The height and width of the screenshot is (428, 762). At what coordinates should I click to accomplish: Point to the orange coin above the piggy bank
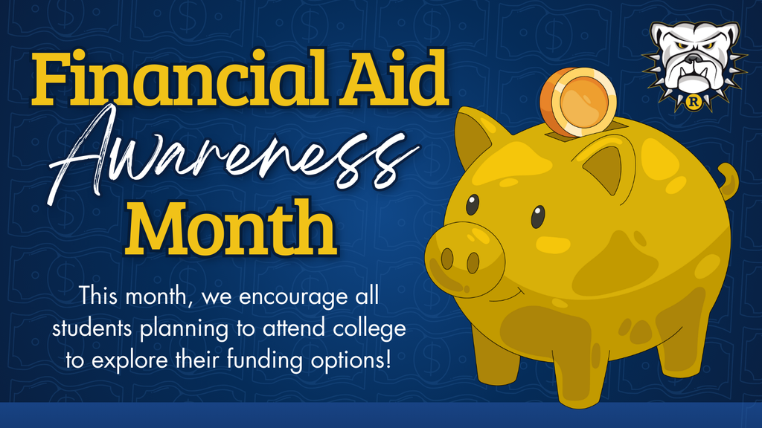(x=578, y=102)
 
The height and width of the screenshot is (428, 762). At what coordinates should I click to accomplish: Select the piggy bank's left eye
(x=473, y=204)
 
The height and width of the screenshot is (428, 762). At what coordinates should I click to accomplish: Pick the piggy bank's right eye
(x=537, y=216)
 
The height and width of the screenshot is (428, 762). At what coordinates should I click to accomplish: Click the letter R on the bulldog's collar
(x=694, y=103)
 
